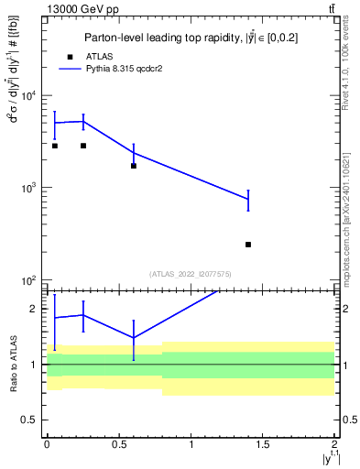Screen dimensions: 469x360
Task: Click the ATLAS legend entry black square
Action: point(70,56)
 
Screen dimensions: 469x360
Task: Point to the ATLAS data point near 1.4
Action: point(248,245)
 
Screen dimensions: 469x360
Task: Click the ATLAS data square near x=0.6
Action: point(134,166)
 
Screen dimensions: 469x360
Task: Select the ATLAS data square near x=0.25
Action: point(83,146)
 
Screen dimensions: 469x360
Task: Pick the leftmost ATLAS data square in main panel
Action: point(55,146)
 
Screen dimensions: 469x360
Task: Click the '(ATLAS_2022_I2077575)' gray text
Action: point(190,274)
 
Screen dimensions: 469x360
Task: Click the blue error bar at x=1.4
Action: point(248,200)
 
